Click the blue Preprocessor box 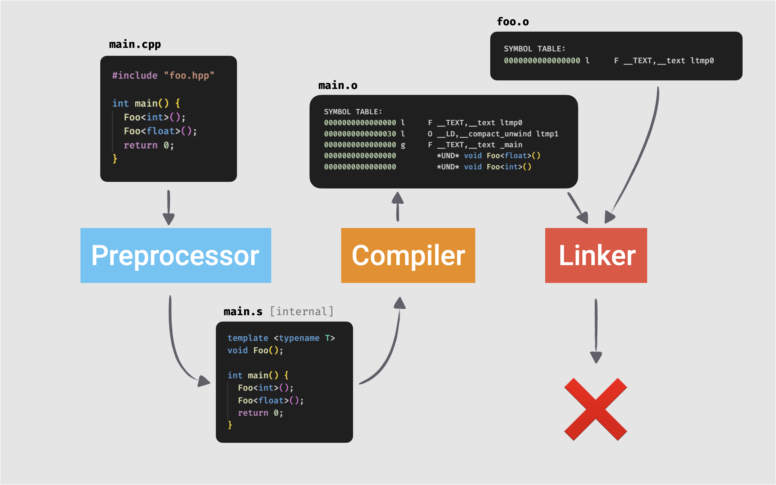(x=176, y=255)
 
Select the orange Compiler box (x=408, y=255)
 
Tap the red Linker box (x=596, y=255)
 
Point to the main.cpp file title (x=135, y=44)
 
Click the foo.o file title (x=512, y=22)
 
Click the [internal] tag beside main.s (x=301, y=311)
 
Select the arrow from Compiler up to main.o (x=398, y=207)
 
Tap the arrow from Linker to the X (x=596, y=330)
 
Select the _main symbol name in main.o (x=511, y=145)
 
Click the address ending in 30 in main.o (x=360, y=134)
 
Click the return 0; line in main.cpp (x=149, y=145)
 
